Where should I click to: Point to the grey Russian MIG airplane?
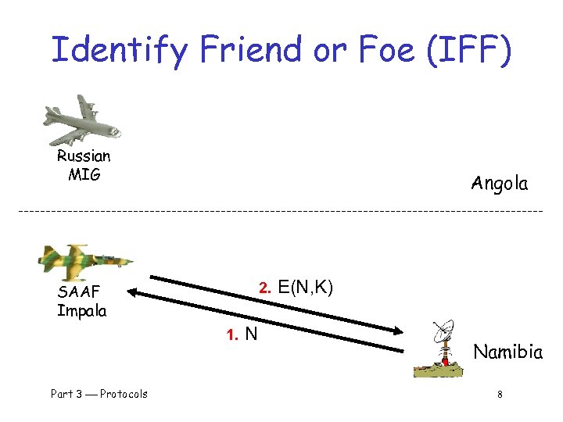coord(82,120)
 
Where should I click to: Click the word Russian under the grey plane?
coord(84,156)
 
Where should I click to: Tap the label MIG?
coord(84,174)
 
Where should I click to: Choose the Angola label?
coord(500,184)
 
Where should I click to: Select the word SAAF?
coord(78,293)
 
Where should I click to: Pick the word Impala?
coord(82,310)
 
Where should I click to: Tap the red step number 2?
coord(264,289)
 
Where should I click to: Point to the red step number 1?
coord(231,336)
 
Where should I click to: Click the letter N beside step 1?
coord(251,334)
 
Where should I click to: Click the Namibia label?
coord(508,352)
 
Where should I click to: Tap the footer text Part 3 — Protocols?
coord(99,394)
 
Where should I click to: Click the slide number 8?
coord(500,394)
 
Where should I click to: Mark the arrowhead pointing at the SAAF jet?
coord(133,294)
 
